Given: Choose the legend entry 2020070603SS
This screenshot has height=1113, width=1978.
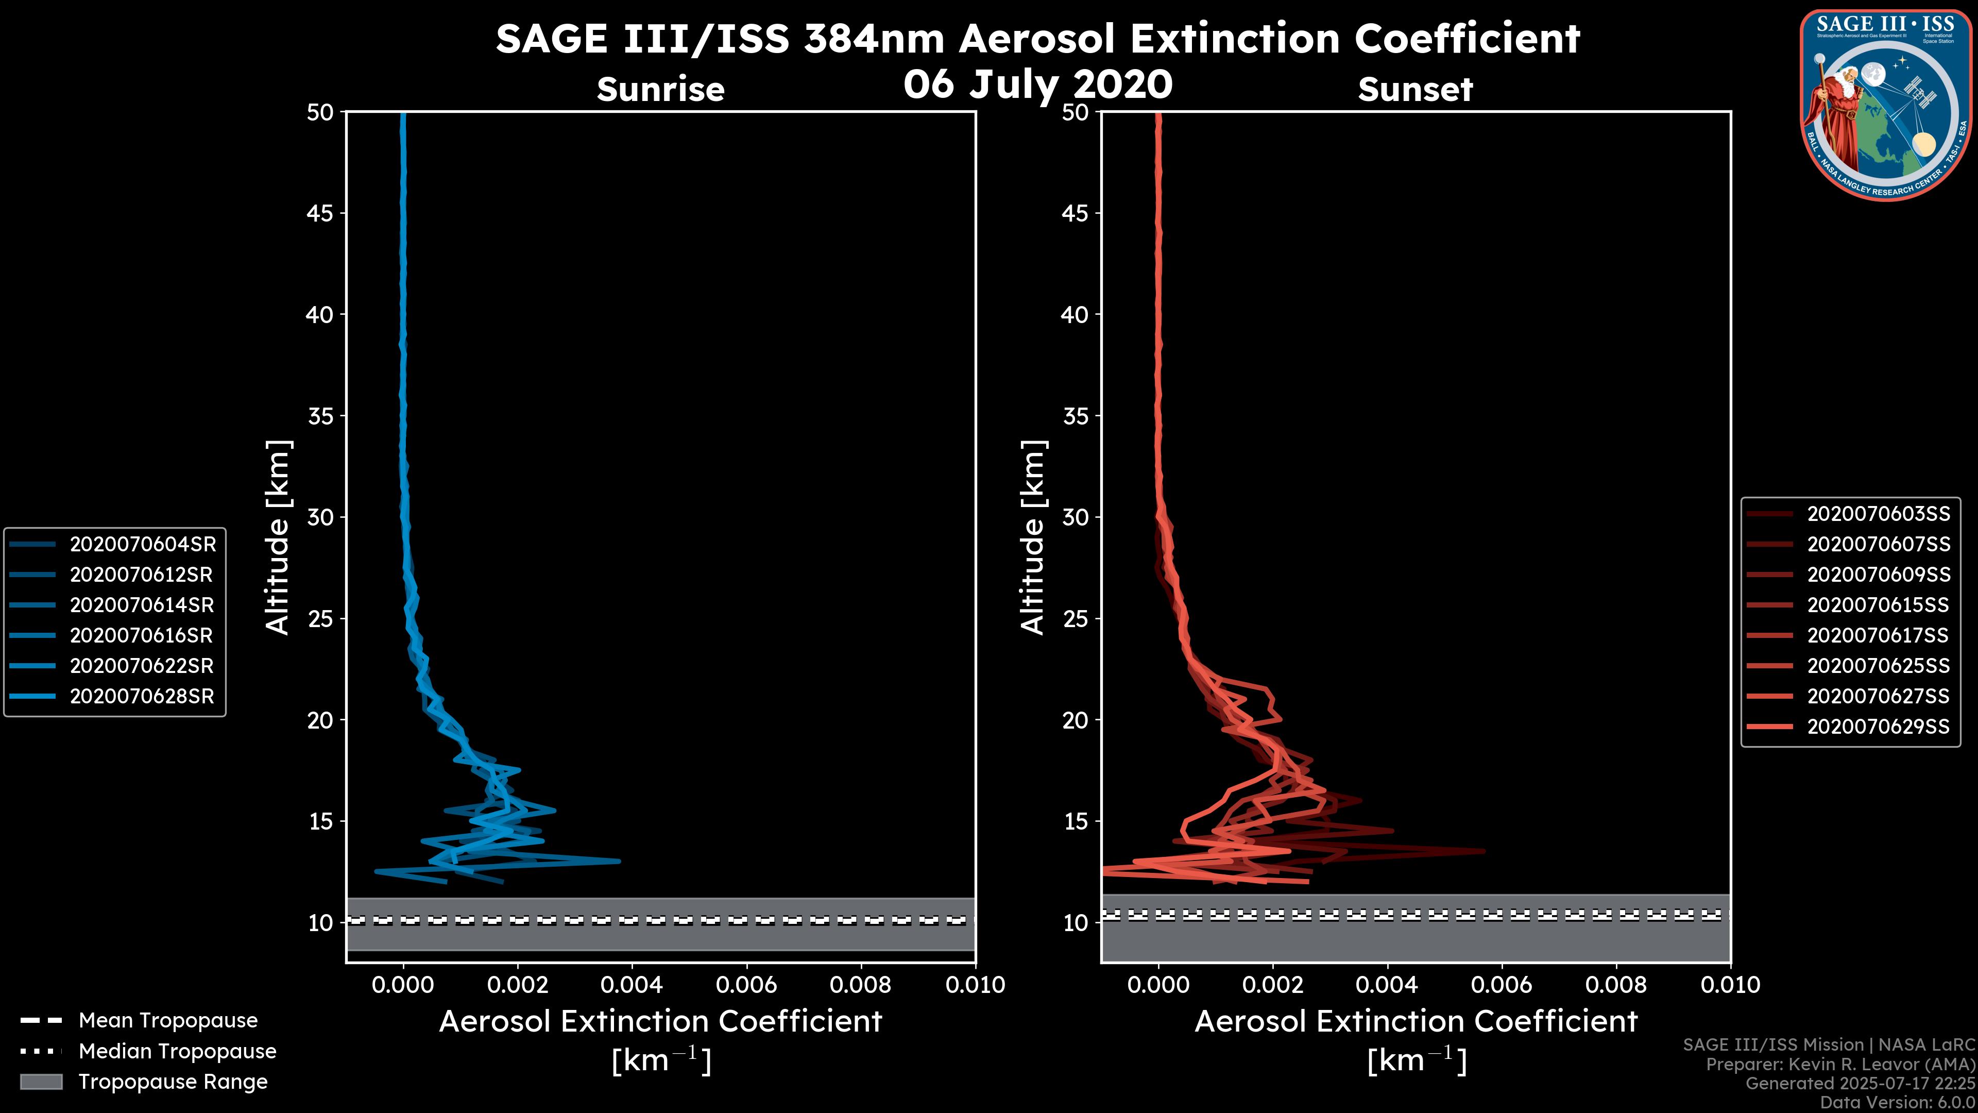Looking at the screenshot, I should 1878,514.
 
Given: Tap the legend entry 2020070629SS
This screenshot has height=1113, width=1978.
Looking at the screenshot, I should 1878,727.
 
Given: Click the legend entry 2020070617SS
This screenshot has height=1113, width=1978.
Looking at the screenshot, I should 1878,636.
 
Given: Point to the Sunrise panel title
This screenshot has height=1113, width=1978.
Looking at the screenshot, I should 660,89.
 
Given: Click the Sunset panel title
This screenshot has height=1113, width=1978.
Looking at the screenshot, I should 1415,89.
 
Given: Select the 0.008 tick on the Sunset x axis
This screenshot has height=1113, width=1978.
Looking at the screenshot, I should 1616,985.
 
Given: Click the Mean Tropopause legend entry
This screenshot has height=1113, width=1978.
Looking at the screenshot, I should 167,1021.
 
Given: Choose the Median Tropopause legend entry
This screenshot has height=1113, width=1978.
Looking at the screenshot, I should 177,1052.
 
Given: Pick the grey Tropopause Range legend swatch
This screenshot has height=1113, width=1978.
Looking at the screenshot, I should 41,1082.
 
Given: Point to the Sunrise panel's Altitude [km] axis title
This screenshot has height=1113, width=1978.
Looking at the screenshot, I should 278,537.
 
